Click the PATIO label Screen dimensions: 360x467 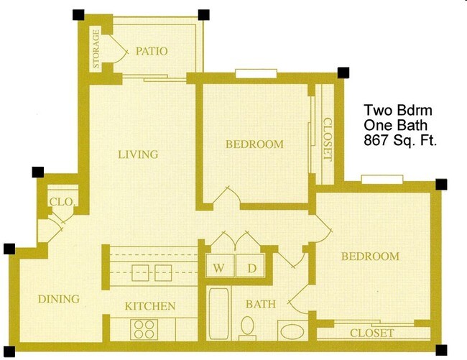click(151, 51)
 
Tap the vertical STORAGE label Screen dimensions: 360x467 click(95, 50)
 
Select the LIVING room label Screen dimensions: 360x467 click(138, 154)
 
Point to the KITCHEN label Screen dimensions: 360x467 click(149, 306)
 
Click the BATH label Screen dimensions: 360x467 click(260, 304)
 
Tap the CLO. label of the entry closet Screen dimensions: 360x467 click(61, 202)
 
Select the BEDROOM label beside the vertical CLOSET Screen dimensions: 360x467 click(254, 144)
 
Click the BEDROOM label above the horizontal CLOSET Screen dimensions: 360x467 click(369, 257)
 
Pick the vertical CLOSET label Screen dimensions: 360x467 click(328, 139)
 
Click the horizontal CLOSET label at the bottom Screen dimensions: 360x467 click(371, 333)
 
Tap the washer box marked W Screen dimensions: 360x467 click(218, 267)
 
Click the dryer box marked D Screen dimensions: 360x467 click(251, 267)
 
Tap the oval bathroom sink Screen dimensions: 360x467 click(292, 333)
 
